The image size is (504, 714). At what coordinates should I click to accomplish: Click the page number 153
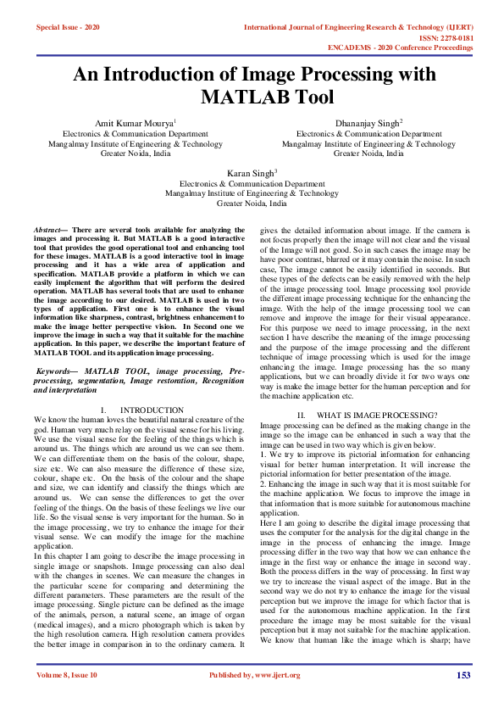pyautogui.click(x=462, y=699)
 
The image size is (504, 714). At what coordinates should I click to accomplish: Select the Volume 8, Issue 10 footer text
pyautogui.click(x=67, y=699)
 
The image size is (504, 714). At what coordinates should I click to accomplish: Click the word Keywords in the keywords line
pyautogui.click(x=57, y=371)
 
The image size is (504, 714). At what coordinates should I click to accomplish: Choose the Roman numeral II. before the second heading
pyautogui.click(x=300, y=414)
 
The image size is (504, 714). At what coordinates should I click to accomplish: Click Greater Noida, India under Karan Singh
pyautogui.click(x=252, y=204)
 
